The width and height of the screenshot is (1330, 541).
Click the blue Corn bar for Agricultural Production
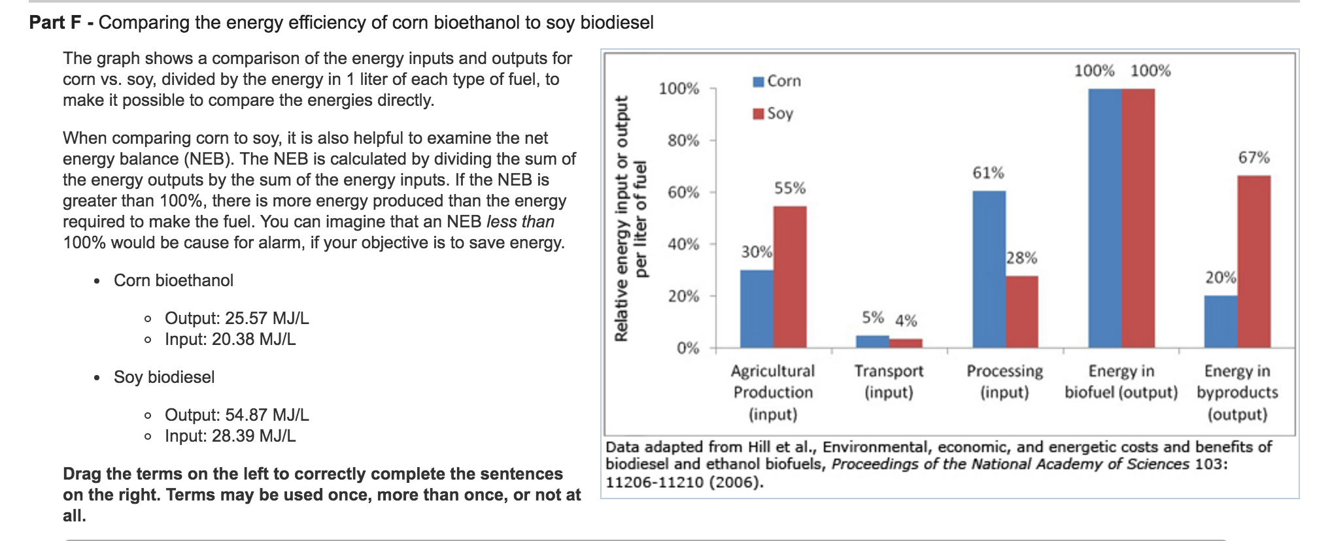click(x=757, y=308)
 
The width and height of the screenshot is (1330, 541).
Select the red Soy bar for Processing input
click(x=1021, y=312)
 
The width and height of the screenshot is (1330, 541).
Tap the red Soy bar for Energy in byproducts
click(x=1253, y=261)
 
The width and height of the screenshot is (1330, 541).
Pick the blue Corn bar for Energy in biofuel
click(x=1104, y=218)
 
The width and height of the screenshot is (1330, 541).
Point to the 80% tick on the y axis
click(x=683, y=140)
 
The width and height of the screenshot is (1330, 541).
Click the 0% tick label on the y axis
click(x=688, y=348)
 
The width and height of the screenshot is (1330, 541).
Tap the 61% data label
click(x=987, y=173)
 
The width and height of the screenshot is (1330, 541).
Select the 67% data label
click(x=1253, y=157)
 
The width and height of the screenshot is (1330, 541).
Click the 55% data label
click(x=790, y=188)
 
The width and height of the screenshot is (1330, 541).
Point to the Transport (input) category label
click(x=889, y=382)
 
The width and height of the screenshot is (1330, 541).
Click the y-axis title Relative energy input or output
click(x=621, y=219)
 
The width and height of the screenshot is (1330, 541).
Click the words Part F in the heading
click(x=55, y=23)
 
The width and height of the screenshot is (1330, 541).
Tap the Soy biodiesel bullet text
click(x=164, y=377)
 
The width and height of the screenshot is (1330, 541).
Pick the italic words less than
click(x=520, y=221)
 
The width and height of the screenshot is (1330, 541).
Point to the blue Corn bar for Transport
click(x=872, y=341)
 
